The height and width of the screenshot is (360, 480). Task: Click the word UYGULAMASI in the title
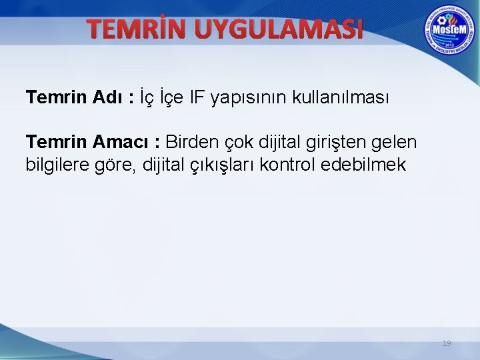point(280,29)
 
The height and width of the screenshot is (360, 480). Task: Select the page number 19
point(447,343)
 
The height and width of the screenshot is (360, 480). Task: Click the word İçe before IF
point(173,98)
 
